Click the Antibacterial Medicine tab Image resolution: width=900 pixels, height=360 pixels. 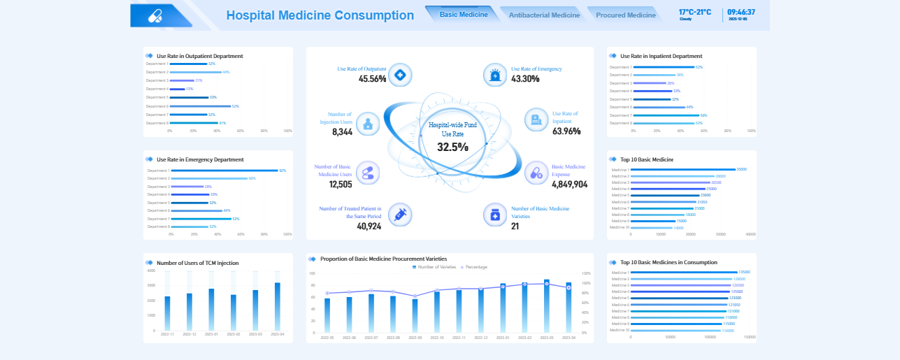point(544,15)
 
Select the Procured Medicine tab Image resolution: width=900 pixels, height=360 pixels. point(625,15)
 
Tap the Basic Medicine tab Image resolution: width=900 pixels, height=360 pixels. point(464,14)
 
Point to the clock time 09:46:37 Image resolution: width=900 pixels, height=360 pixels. point(741,12)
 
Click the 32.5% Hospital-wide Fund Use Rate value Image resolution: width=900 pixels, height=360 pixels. point(452,147)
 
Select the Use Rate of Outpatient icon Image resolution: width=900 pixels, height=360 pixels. point(399,75)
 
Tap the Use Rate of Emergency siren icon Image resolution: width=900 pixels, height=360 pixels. point(495,75)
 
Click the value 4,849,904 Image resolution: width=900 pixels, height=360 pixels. point(569,185)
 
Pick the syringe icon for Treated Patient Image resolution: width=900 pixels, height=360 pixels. point(400,215)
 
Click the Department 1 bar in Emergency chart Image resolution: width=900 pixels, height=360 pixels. point(224,171)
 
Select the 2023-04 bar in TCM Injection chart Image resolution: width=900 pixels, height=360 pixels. point(277,306)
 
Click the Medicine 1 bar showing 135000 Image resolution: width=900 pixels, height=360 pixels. point(685,273)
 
